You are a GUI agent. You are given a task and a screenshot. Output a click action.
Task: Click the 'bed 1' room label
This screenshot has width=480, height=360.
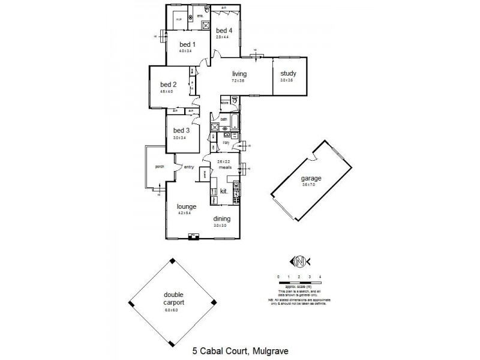click(187, 44)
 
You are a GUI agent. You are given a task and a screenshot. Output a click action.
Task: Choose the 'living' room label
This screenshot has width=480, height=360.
click(240, 74)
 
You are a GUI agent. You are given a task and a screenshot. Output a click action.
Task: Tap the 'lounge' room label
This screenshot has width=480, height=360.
click(186, 206)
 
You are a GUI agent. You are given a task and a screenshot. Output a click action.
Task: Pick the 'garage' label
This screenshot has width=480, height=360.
click(312, 179)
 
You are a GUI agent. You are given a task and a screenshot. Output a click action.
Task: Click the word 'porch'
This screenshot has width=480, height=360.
click(160, 167)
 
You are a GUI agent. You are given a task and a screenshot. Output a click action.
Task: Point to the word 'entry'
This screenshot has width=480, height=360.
click(189, 167)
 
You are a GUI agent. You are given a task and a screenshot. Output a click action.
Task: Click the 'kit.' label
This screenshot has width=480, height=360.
click(223, 191)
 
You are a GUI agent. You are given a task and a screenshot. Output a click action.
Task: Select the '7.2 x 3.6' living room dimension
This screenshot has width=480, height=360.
click(240, 80)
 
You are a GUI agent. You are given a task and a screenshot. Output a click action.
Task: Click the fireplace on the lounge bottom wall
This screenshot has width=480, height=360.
click(193, 238)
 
